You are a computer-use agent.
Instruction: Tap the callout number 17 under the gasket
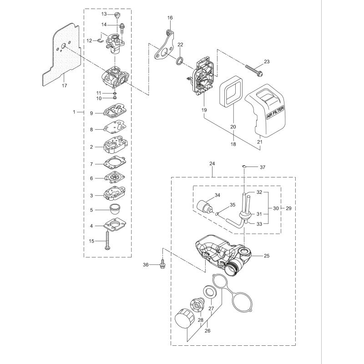65,85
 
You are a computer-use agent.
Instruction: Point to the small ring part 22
180,61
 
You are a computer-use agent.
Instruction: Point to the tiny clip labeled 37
245,166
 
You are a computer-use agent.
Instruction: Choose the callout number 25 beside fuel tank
267,256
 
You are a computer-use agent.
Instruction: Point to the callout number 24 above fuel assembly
212,163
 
